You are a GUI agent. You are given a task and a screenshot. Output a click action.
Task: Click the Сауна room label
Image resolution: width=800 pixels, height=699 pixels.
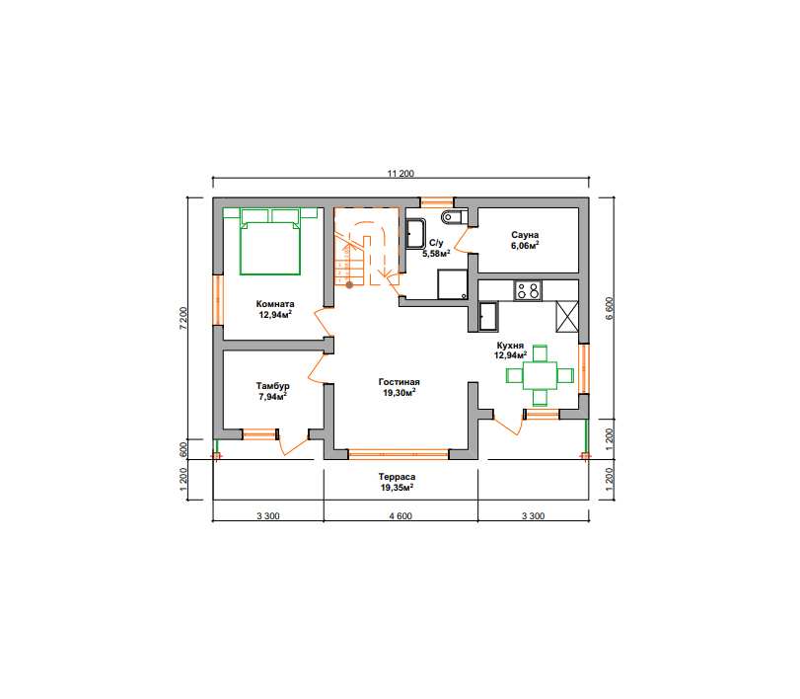point(525,235)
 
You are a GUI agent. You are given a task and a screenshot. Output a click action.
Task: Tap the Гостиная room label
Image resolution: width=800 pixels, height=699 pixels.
point(399,382)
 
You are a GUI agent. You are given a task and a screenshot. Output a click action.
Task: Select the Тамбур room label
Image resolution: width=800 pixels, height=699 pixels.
point(273,386)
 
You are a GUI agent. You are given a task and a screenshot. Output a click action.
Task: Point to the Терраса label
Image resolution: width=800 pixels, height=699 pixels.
point(397,477)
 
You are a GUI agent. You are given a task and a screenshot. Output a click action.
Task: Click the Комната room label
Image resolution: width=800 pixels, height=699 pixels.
point(275,304)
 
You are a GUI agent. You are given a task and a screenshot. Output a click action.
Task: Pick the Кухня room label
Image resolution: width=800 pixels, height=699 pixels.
point(510,346)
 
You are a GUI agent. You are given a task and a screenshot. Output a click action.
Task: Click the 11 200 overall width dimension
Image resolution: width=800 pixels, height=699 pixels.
point(400,174)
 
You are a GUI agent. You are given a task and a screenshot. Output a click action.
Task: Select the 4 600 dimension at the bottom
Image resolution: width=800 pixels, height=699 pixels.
point(400,515)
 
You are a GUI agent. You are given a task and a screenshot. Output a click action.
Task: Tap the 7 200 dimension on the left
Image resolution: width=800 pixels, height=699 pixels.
point(184,318)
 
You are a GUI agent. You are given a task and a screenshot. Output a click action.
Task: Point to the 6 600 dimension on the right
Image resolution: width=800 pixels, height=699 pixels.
point(610,308)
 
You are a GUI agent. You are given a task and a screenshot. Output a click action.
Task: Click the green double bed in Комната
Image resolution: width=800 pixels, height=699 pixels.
point(270,242)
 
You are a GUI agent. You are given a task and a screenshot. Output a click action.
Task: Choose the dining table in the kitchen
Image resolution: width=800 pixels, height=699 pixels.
point(541,375)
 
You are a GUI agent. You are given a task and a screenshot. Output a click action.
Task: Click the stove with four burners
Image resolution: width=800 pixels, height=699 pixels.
point(528,290)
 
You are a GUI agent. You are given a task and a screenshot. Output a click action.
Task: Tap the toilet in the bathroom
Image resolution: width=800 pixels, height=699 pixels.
point(454,217)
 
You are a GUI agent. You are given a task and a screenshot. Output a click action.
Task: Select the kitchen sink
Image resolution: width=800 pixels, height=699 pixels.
point(488,317)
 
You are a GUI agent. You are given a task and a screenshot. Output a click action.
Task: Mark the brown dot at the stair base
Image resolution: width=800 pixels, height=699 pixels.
point(349,285)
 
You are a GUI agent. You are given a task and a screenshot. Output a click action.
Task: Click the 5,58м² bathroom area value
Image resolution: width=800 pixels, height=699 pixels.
point(436,254)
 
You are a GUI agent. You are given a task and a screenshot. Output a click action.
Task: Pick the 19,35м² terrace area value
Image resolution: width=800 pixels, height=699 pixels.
point(397,488)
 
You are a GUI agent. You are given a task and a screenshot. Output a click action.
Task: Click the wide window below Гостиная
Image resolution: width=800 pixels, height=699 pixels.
point(399,454)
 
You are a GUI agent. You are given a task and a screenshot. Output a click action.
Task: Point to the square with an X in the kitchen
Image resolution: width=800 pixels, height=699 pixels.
point(567,317)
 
